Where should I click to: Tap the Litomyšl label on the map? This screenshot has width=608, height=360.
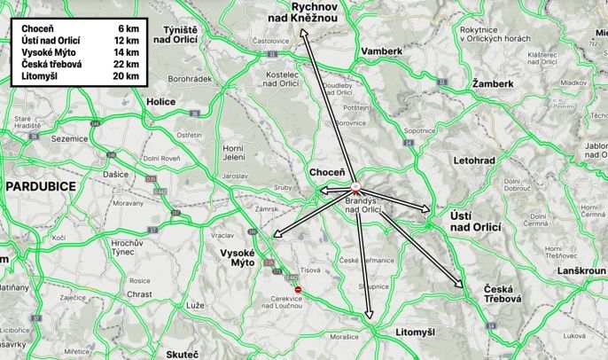[x=417, y=332]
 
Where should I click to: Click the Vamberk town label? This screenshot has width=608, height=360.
[x=382, y=51]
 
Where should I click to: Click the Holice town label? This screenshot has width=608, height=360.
[x=161, y=102]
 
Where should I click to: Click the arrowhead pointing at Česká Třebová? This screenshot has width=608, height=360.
[x=461, y=286]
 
